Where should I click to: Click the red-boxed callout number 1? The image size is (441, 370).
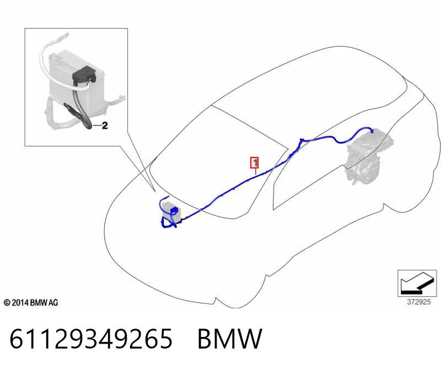coord(255,162)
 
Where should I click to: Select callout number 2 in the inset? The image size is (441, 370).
coord(105,126)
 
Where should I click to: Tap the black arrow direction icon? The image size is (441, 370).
coord(417,284)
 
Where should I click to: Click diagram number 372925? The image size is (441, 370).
coord(419,302)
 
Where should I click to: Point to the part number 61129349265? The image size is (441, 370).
coord(91,339)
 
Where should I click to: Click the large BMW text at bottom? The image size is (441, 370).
coord(230,339)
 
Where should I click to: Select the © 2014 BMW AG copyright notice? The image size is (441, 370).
coord(31,303)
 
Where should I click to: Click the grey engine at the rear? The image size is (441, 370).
coord(368,157)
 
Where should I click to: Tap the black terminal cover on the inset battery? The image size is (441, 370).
coord(84,74)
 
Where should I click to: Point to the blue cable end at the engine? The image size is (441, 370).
coord(372,130)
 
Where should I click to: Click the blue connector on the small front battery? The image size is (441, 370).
coord(174,210)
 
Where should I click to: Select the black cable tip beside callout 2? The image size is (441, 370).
coord(88,126)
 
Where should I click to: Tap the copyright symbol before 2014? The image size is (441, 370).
coord(7,303)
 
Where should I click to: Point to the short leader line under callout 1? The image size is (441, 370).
coord(255,171)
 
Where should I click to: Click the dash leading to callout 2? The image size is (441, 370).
coord(97,126)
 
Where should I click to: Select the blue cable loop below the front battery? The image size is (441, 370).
coord(168,223)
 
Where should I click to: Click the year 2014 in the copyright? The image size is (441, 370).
coord(20,303)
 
